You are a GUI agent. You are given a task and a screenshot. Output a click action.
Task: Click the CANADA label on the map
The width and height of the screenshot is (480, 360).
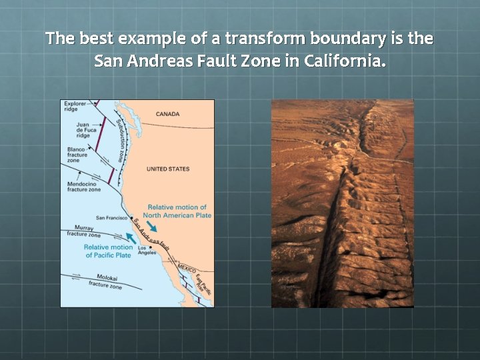pos(168,114)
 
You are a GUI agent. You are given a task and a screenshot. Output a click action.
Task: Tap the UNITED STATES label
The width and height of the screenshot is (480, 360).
pos(168,169)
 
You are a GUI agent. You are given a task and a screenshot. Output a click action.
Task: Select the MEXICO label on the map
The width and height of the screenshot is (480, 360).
pos(186,268)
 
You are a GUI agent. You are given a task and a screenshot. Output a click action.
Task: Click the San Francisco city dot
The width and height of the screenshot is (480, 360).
pos(131,218)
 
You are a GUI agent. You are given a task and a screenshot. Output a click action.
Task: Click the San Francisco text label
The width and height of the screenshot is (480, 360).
pos(112,218)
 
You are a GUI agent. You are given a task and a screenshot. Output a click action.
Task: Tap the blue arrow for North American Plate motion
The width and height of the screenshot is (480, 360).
pos(152,226)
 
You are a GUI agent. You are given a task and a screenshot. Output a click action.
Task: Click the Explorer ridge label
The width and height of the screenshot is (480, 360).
pos(75,106)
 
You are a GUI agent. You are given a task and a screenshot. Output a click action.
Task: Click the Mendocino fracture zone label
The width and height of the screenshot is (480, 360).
pos(84,187)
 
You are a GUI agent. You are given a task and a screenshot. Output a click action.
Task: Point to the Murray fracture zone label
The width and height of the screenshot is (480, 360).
pos(84,231)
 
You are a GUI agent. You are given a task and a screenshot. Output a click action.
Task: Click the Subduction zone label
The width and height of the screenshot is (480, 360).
pos(120,140)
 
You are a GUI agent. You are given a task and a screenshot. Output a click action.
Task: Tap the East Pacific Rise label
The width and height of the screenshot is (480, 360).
pos(204,284)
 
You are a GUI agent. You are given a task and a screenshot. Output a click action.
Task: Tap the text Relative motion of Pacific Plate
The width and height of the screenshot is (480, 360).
pos(108,251)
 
